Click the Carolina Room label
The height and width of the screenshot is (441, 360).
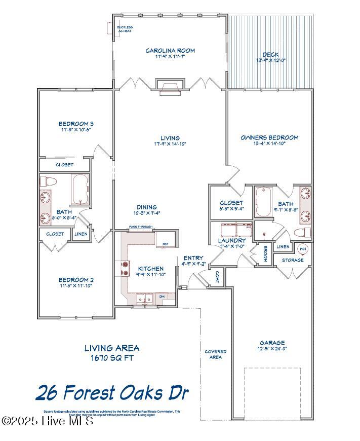point(170,51)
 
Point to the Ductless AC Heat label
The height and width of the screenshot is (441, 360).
point(125,29)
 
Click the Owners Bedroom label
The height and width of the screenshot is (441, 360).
point(269,137)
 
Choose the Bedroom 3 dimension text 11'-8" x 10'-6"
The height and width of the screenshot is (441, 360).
point(76,130)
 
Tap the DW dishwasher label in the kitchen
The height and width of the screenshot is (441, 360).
point(162,296)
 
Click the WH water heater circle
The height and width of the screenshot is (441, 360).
point(303,248)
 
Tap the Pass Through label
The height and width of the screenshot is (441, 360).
point(140,227)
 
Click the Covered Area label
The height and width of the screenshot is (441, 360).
point(215,354)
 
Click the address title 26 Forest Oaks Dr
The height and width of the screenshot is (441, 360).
point(112,392)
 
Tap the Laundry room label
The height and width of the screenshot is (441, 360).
point(232,240)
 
